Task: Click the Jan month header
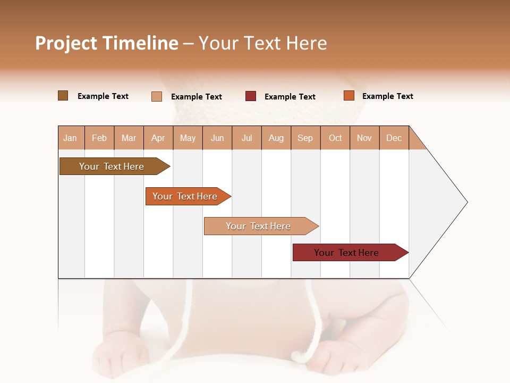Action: tap(70, 138)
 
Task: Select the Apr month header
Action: tap(158, 138)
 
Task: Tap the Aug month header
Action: tap(276, 138)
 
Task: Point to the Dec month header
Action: tap(394, 138)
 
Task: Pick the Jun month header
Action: tap(217, 138)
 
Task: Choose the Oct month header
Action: tap(335, 138)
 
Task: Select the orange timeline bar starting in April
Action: tap(186, 196)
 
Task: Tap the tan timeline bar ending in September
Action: tap(259, 226)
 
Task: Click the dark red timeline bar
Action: tap(348, 253)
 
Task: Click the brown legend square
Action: tap(63, 96)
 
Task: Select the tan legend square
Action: tap(157, 96)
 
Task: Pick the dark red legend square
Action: tap(251, 96)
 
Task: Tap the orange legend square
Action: tap(348, 96)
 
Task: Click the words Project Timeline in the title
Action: tap(106, 43)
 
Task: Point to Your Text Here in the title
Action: tap(262, 43)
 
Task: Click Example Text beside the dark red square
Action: tap(290, 97)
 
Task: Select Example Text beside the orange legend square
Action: tap(387, 96)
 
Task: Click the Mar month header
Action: tap(129, 138)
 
